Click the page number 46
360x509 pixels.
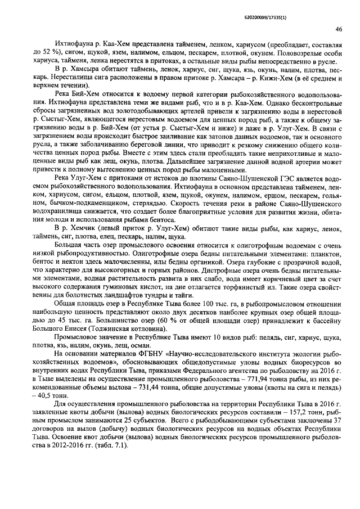click(338, 29)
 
